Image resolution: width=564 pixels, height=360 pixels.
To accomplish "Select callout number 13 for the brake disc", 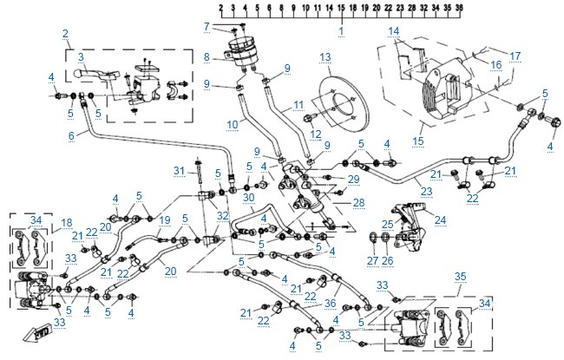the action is coord(325,57).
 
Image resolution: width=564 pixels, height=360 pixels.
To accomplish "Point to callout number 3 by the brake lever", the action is coord(81,57).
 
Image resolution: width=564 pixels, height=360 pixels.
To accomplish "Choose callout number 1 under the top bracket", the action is coord(341,31).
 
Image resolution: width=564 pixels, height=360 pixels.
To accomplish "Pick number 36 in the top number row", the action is coord(459,7).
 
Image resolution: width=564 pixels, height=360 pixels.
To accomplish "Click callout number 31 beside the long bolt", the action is coord(179,171).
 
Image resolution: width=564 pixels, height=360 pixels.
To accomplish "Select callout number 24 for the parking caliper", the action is coord(440,219).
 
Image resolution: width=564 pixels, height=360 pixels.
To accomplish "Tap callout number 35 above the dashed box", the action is coord(460,277).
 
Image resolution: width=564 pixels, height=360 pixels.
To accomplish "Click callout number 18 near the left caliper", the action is coord(67,223).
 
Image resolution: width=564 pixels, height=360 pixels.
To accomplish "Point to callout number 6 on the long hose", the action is coord(71,135).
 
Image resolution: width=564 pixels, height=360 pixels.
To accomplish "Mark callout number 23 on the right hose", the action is coord(426,192).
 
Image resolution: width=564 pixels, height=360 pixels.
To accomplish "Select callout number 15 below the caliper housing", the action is coord(418,141).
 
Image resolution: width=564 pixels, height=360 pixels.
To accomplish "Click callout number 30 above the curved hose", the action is coord(248,198).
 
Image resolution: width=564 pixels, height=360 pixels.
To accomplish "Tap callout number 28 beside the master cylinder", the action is coord(359,203).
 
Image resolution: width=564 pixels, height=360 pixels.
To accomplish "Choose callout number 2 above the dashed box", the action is coord(65,34).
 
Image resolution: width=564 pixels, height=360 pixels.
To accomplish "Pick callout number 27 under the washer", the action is coord(372,260).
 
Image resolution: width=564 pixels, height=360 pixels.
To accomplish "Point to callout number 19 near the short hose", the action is coord(165,220).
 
